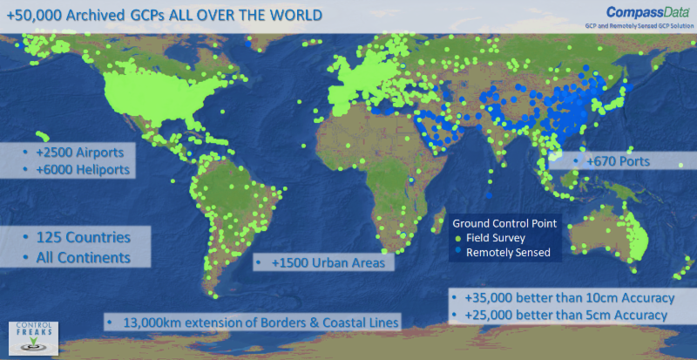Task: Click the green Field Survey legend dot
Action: tap(460, 238)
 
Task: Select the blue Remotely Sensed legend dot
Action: tap(460, 252)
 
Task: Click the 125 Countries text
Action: tap(84, 237)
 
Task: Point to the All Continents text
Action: tap(84, 257)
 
